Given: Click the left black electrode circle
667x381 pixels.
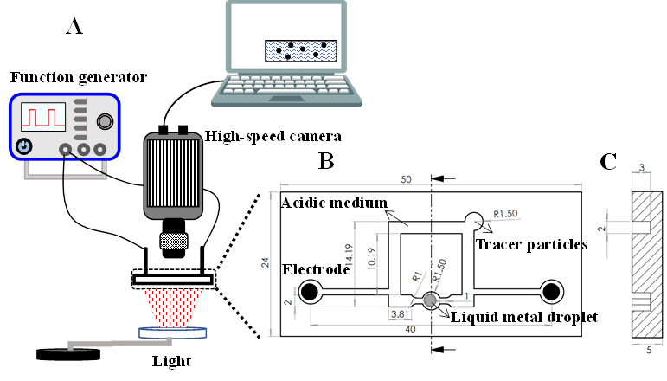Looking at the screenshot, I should (309, 294).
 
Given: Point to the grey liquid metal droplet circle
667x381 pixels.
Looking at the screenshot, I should (430, 300).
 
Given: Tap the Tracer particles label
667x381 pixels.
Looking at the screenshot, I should (531, 244).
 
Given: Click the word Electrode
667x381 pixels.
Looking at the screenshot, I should (315, 269).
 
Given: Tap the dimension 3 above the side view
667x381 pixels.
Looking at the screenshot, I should (641, 166).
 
